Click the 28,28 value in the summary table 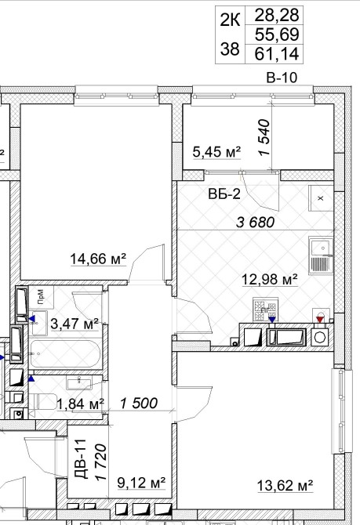[277, 15]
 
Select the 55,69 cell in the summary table [277, 34]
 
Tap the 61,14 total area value [277, 53]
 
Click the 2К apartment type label [230, 20]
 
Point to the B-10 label [282, 78]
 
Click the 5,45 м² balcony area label [217, 152]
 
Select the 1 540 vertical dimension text [264, 137]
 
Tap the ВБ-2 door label [224, 194]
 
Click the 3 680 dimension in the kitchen [256, 222]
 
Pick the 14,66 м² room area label [98, 259]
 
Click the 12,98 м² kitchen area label [270, 279]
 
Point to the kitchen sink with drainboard [321, 255]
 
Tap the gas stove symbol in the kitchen [265, 310]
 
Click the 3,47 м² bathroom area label [75, 324]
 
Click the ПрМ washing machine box [41, 297]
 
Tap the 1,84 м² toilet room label [81, 404]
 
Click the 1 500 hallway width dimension [139, 404]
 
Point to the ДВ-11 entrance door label [81, 458]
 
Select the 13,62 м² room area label [285, 486]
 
